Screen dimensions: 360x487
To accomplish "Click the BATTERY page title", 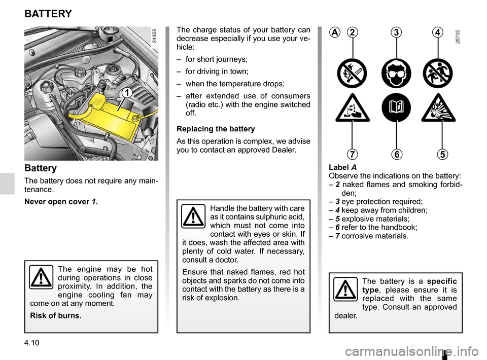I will point(48,14).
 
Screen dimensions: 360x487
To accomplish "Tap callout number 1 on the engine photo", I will point(125,92).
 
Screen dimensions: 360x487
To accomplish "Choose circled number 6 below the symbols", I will point(396,153).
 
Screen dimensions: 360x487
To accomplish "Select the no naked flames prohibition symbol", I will point(353,74).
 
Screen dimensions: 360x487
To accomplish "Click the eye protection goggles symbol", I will point(396,74).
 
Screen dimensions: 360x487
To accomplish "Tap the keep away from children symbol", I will point(439,74).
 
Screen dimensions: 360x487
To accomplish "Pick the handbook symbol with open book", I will point(396,108).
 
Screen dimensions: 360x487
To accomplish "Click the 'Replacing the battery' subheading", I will point(216,129).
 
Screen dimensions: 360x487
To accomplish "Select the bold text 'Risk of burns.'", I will point(56,315).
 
